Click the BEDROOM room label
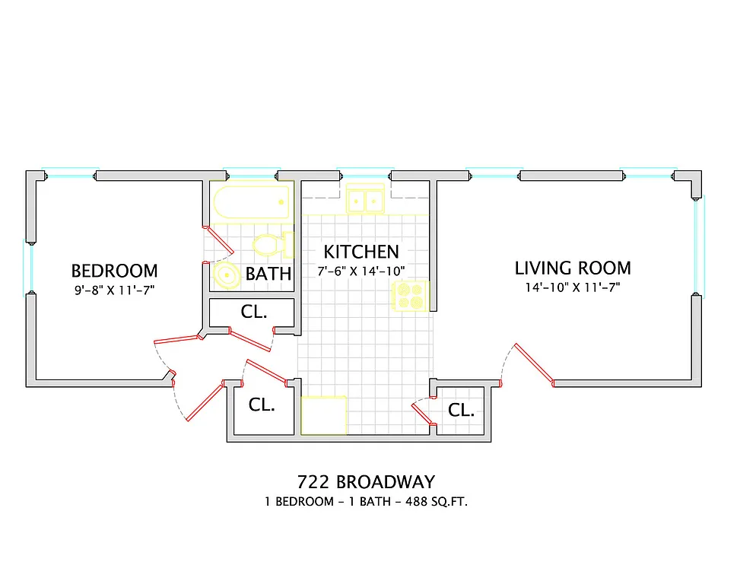114,271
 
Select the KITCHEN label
361,252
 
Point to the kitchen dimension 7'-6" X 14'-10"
361,271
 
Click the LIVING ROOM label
573,268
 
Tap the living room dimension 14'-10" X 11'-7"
573,287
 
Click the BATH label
268,274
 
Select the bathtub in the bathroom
251,202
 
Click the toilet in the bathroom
272,244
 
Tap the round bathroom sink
227,276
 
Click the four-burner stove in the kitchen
410,296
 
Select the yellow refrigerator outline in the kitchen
324,414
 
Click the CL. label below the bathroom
253,312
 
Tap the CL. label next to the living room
461,411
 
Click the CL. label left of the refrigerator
262,405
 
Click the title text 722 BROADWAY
366,482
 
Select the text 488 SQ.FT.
434,502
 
